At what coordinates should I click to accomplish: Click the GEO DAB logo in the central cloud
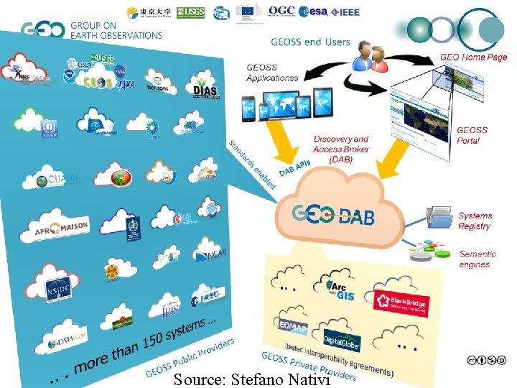tap(333, 214)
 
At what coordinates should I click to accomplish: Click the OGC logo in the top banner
tap(281, 11)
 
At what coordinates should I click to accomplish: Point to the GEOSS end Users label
tap(310, 42)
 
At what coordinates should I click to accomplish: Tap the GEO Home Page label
tap(473, 57)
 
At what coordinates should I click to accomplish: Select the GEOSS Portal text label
tap(472, 135)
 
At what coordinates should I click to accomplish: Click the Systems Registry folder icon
tap(439, 218)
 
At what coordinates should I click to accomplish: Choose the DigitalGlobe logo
tap(342, 341)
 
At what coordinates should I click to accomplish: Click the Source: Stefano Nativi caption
tap(251, 379)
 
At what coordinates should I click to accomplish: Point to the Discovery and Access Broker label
tap(341, 149)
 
